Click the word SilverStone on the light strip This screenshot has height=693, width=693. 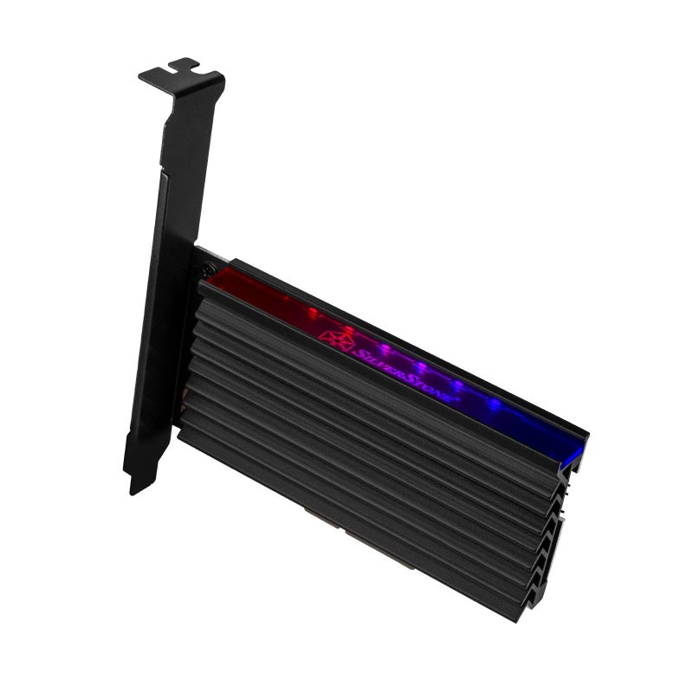[404, 364]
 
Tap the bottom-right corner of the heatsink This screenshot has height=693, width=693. [520, 617]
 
